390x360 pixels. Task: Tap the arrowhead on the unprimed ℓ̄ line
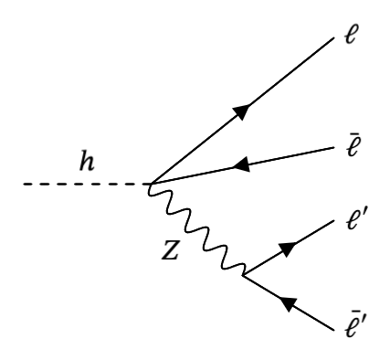242,165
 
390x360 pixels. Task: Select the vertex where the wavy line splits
244,273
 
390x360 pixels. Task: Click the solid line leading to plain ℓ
274,87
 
